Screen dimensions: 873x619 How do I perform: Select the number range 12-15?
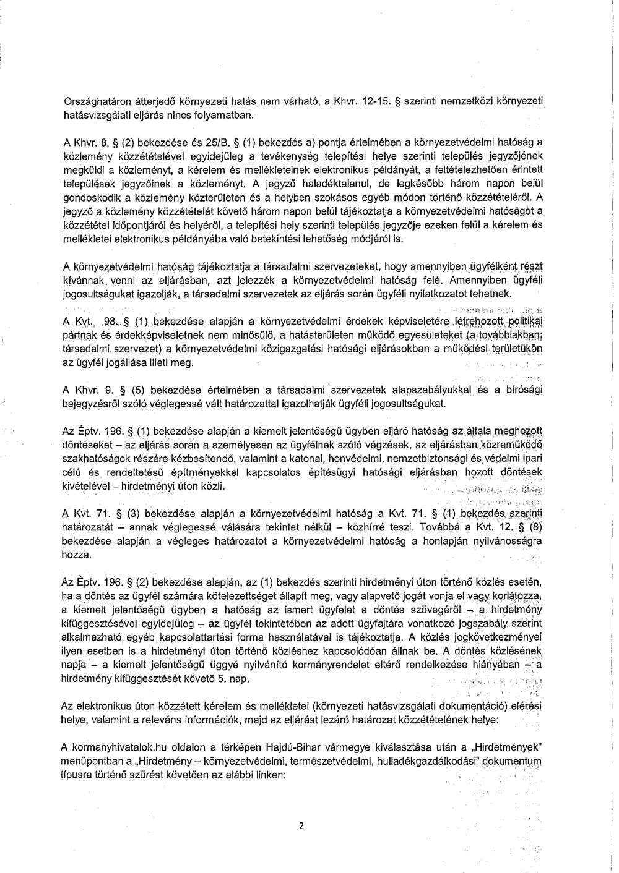click(x=366, y=101)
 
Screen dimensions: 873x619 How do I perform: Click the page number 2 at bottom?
click(x=301, y=825)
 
